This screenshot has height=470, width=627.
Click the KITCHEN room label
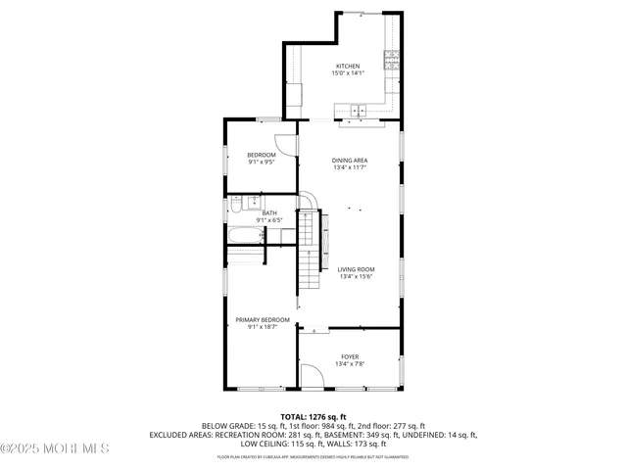coord(348,66)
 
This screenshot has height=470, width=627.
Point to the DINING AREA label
coord(349,160)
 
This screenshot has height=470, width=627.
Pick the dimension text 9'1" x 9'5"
coord(261,163)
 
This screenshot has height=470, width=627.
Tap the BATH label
coord(268,212)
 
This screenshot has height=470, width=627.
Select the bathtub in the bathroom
coord(251,236)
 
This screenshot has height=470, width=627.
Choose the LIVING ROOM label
coord(356,269)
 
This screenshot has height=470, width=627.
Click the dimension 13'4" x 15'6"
coord(356,277)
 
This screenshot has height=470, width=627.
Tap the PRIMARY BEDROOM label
coord(262,319)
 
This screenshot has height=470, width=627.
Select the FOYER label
coord(349,356)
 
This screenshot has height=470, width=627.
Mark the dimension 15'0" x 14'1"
coord(348,73)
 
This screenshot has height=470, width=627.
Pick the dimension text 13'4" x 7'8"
coord(349,364)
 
